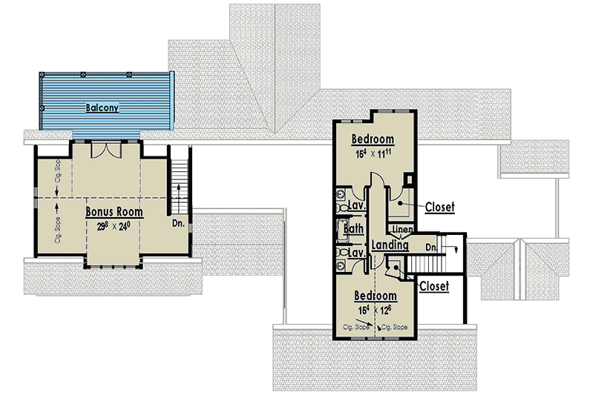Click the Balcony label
tap(102, 107)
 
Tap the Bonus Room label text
tap(114, 212)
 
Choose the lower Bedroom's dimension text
tap(374, 310)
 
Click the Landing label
tap(390, 245)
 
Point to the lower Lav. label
tap(356, 254)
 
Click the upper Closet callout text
tap(439, 208)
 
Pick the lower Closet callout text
tap(433, 285)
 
